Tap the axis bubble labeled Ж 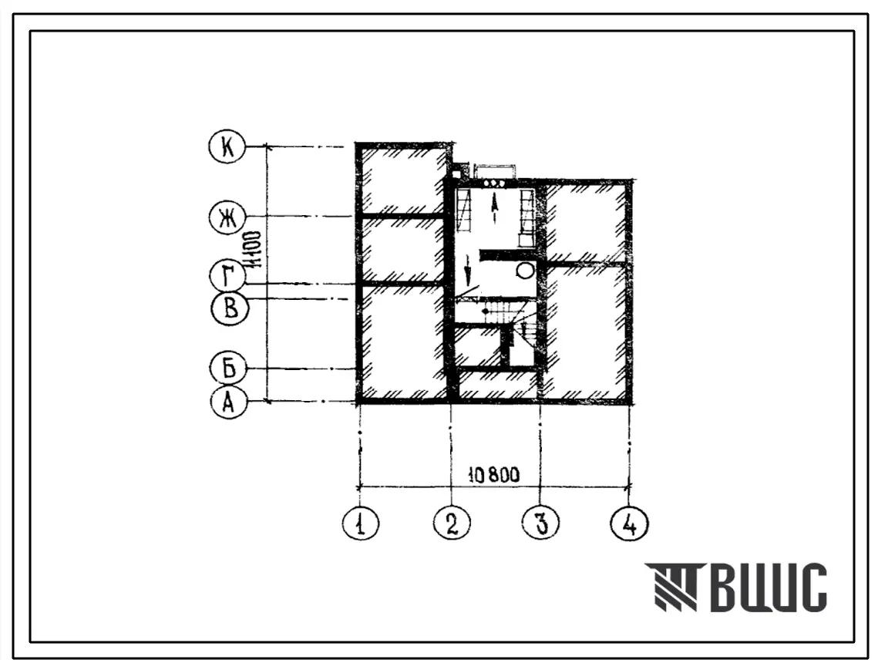pyautogui.click(x=227, y=217)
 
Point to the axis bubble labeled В pyautogui.click(x=230, y=308)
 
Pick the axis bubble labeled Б pyautogui.click(x=228, y=369)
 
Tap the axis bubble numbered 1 pyautogui.click(x=361, y=524)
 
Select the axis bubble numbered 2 pyautogui.click(x=452, y=524)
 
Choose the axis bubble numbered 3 pyautogui.click(x=540, y=524)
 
